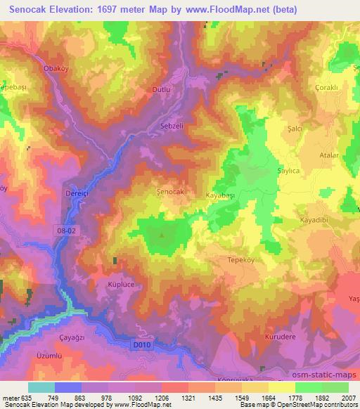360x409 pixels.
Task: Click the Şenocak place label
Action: click(x=170, y=191)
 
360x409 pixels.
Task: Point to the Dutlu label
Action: click(x=162, y=90)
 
